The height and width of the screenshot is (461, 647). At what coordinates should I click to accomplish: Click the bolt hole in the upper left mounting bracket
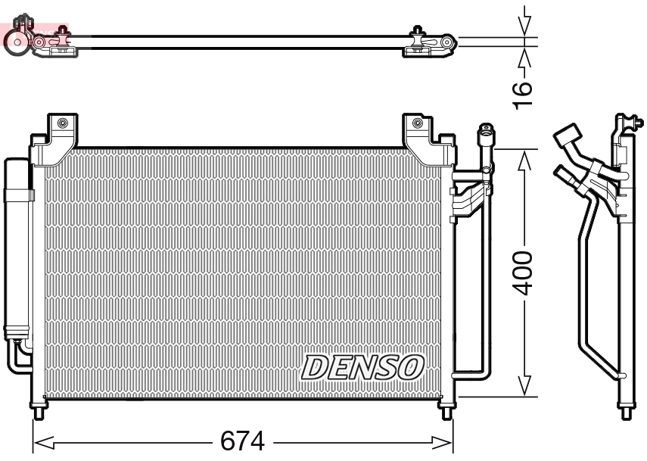(x=62, y=123)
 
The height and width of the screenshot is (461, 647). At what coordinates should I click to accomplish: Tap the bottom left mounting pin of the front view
(x=39, y=412)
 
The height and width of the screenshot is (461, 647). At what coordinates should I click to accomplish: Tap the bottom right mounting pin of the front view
(x=447, y=412)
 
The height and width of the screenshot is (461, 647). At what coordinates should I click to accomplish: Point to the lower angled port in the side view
(x=564, y=173)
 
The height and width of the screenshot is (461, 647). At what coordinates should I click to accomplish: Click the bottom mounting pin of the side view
(x=626, y=413)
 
